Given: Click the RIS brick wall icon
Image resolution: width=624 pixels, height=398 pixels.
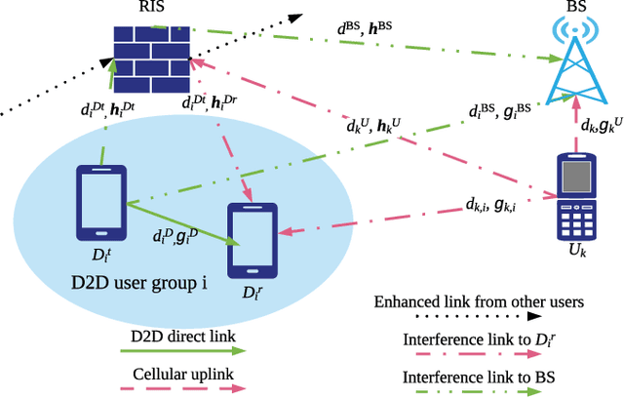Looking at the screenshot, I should point(148,54).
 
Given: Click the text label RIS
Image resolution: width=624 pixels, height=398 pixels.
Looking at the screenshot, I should point(149,9).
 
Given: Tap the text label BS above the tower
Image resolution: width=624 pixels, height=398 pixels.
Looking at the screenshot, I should point(575,9).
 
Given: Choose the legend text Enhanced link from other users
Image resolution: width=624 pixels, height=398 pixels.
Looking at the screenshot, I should point(479,301).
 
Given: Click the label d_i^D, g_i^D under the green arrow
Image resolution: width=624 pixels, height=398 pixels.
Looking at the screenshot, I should point(176,236).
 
